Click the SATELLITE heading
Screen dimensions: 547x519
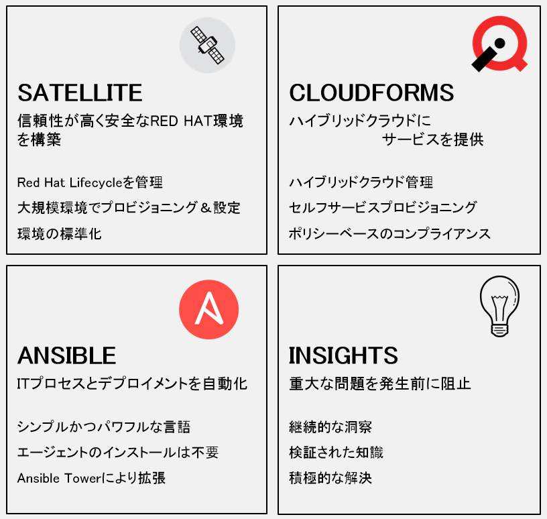pyautogui.click(x=80, y=93)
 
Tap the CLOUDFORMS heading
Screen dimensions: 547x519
pyautogui.click(x=371, y=93)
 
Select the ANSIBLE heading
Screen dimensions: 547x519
pyautogui.click(x=66, y=355)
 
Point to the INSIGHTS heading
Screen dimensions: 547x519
pyautogui.click(x=343, y=355)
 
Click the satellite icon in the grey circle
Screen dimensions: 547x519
pyautogui.click(x=207, y=46)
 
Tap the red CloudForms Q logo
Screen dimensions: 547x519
pyautogui.click(x=499, y=44)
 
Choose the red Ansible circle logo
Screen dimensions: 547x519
pyautogui.click(x=208, y=310)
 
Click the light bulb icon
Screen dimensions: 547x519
pyautogui.click(x=499, y=306)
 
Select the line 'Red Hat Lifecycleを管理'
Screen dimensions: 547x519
pyautogui.click(x=90, y=182)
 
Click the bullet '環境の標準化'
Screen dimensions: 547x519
pyautogui.click(x=59, y=234)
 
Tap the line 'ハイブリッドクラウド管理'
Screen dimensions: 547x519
pyautogui.click(x=361, y=182)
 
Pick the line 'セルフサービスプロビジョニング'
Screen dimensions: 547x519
pyautogui.click(x=383, y=208)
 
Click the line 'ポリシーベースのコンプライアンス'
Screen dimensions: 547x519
pyautogui.click(x=389, y=234)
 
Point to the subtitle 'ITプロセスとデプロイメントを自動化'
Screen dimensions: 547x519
pyautogui.click(x=132, y=384)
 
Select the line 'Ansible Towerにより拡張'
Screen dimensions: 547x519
pyautogui.click(x=91, y=478)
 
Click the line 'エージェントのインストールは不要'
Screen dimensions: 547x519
pyautogui.click(x=118, y=453)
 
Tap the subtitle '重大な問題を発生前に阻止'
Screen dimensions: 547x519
pyautogui.click(x=380, y=384)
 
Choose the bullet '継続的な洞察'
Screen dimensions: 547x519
pyautogui.click(x=330, y=427)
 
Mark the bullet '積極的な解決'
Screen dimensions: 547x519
pyautogui.click(x=330, y=478)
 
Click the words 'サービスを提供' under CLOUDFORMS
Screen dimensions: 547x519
pyautogui.click(x=432, y=140)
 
